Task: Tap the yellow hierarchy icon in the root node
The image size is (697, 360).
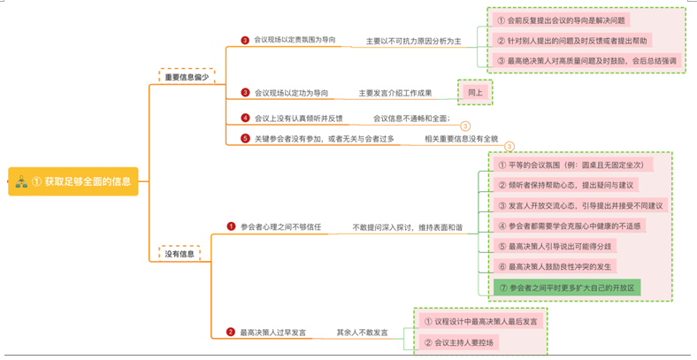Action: [x=20, y=180]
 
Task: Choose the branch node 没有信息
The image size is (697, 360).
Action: [x=180, y=254]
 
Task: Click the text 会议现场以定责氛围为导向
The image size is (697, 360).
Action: [x=295, y=41]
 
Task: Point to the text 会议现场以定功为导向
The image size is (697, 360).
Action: [x=291, y=92]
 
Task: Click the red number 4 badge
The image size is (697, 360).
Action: [x=245, y=118]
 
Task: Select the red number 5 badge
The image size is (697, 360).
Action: [x=245, y=138]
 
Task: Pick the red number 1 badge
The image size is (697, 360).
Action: [x=231, y=226]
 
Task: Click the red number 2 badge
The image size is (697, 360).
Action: [x=231, y=332]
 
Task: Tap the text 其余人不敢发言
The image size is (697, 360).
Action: [x=362, y=333]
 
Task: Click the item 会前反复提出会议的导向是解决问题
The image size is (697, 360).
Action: [x=561, y=20]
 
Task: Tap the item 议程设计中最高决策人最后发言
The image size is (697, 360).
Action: [x=481, y=320]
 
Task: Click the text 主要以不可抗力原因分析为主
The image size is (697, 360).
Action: [x=413, y=41]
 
